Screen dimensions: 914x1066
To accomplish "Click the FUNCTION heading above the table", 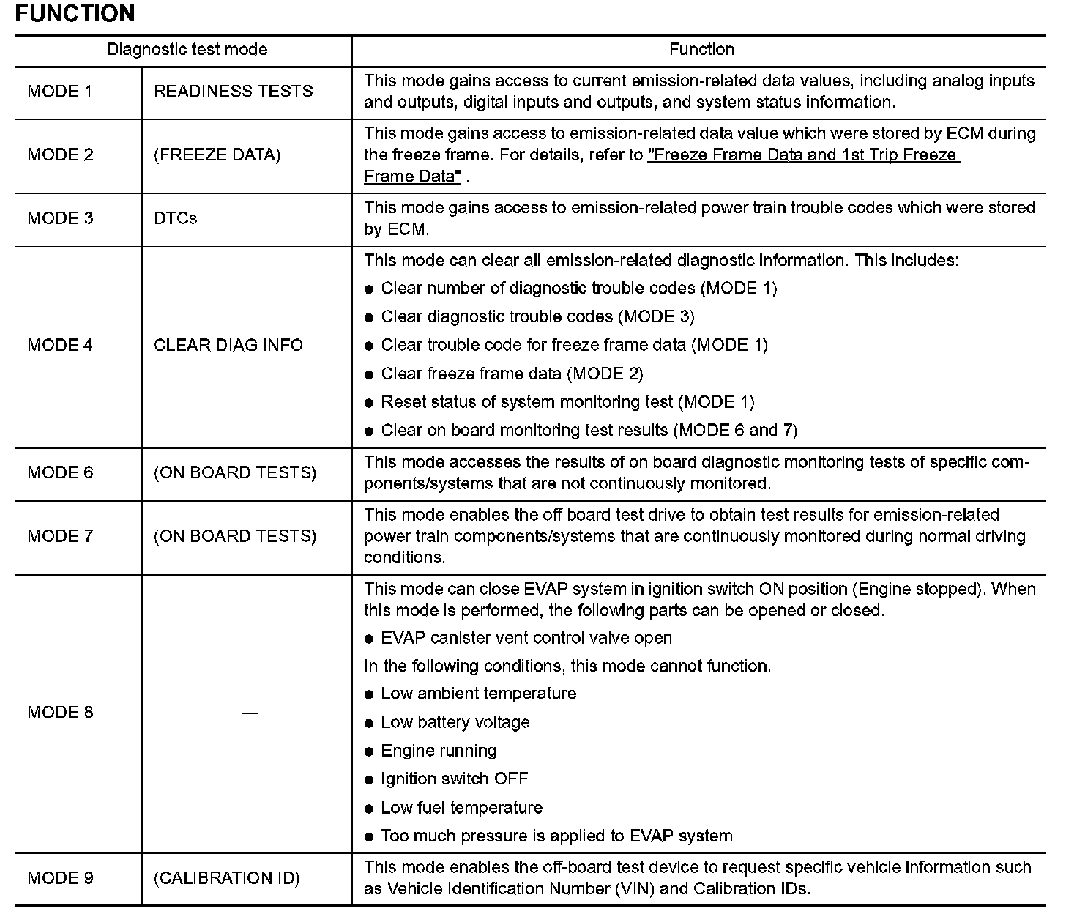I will tap(75, 14).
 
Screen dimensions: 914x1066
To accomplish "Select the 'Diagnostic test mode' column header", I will tap(187, 50).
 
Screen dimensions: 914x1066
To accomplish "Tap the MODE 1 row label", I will tap(60, 92).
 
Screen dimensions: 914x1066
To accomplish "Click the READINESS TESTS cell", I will tap(233, 92).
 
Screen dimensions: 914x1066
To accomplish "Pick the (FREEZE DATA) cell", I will tap(217, 155).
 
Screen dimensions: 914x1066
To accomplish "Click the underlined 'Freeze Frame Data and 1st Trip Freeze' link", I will tap(803, 155).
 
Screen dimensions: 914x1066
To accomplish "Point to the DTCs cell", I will tap(175, 218).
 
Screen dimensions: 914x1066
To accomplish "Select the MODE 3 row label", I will tap(60, 218).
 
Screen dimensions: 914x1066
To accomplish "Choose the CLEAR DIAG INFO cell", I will tap(228, 345).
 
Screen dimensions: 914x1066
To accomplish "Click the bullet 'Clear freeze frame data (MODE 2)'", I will tap(512, 374).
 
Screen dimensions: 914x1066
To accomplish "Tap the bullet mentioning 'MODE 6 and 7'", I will tap(589, 431).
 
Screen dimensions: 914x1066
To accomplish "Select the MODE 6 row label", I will tap(60, 472).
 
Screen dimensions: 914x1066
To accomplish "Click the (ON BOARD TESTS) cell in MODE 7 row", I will tap(234, 536).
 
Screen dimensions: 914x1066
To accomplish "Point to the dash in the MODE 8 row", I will tap(250, 713).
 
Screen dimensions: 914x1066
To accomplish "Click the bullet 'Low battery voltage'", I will tap(455, 723).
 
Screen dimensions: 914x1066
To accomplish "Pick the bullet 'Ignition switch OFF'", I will tap(454, 779).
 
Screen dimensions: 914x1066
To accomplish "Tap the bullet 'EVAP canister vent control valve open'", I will tap(526, 639).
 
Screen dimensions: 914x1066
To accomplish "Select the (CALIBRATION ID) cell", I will tap(226, 878).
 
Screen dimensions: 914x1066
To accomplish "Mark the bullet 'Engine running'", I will tap(438, 751).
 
